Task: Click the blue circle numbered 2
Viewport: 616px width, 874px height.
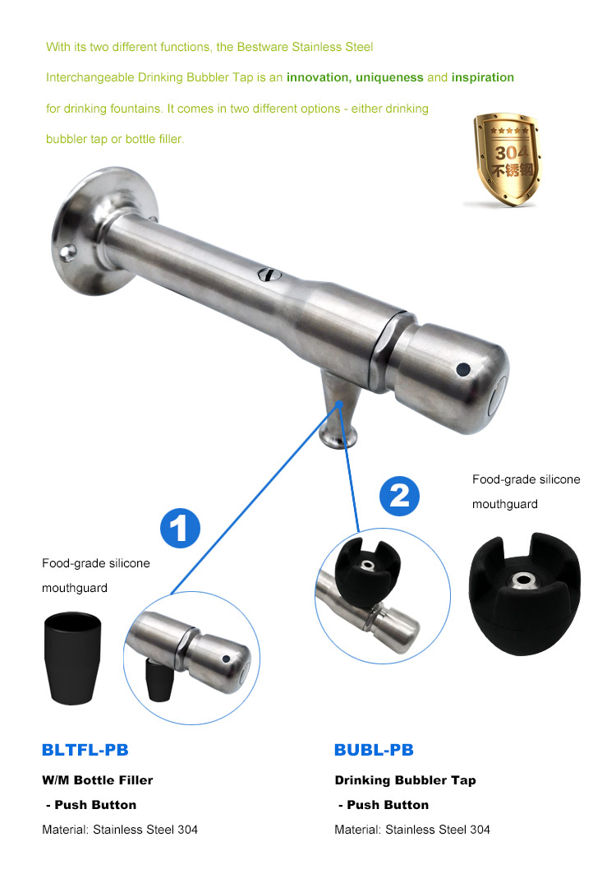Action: click(399, 496)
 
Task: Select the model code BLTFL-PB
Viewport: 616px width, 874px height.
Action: click(85, 750)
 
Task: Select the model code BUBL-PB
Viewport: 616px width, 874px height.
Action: click(374, 750)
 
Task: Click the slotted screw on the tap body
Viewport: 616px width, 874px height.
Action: click(268, 275)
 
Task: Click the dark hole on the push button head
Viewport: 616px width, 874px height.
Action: click(463, 369)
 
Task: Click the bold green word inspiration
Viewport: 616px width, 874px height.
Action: click(483, 77)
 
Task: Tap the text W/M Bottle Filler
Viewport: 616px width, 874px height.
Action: click(98, 779)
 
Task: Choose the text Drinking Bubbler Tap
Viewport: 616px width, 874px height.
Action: click(405, 779)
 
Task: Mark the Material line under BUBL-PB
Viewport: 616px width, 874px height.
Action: click(412, 829)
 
